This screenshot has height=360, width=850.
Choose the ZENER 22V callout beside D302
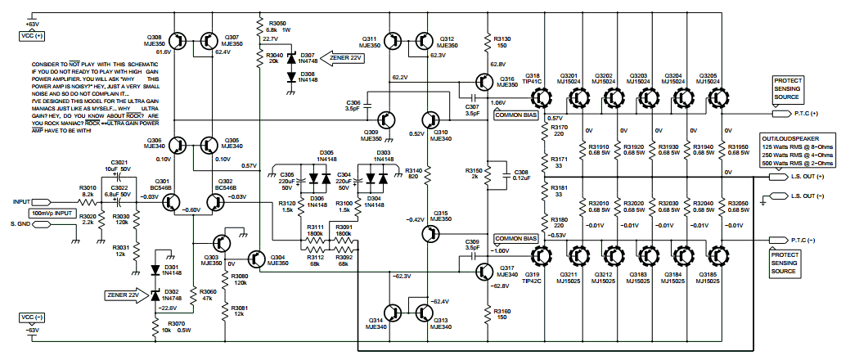coord(122,294)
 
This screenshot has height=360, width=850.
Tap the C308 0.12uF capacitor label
coord(520,175)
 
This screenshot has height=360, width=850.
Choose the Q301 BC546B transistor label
coord(161,184)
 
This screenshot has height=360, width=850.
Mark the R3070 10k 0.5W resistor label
coord(177,327)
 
